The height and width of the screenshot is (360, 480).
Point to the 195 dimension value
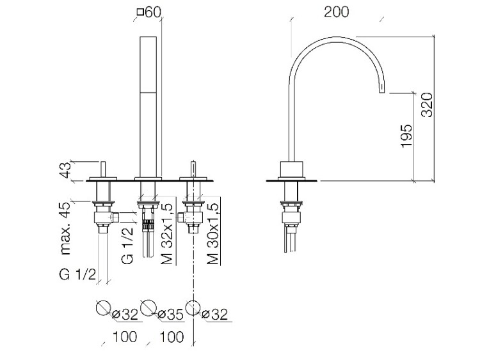pos(406,136)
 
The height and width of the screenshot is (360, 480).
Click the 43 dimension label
pos(63,171)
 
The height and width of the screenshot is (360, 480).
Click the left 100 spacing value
pos(124,336)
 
